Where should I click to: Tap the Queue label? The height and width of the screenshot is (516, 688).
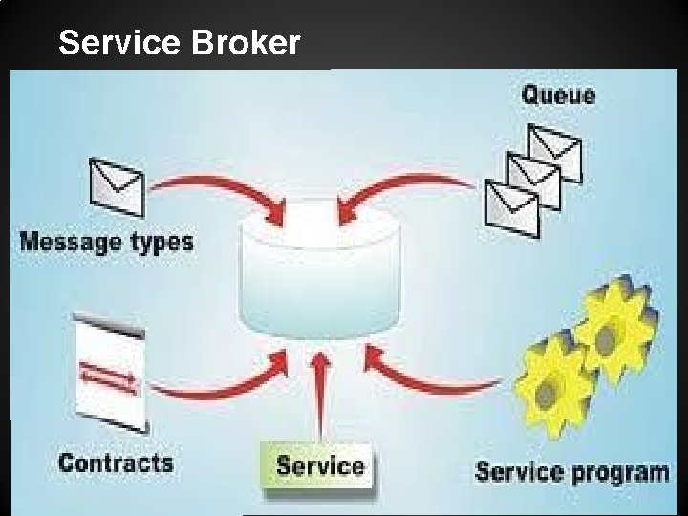558,95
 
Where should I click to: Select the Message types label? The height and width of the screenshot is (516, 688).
106,241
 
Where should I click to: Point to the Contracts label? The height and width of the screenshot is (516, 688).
116,463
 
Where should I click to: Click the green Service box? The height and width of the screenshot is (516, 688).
320,467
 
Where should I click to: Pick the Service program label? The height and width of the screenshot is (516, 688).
571,471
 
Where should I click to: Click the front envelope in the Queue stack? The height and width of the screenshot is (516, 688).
512,208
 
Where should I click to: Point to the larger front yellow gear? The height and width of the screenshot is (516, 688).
551,393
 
